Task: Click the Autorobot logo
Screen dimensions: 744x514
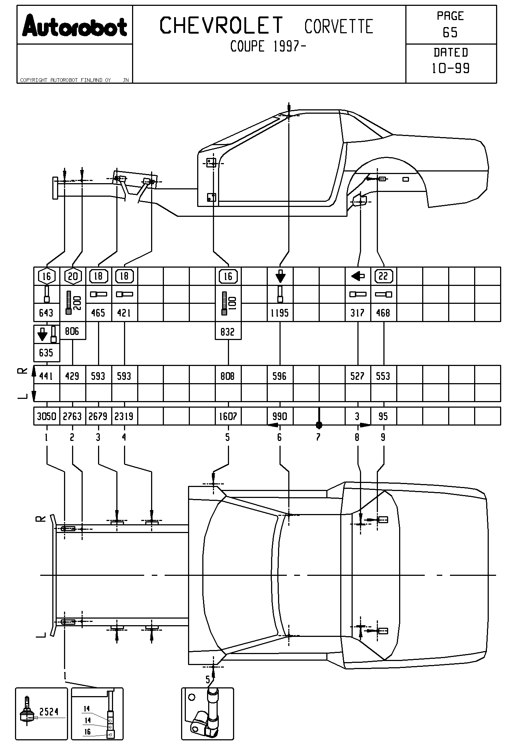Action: coord(75,26)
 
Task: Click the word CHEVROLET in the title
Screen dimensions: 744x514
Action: coord(222,26)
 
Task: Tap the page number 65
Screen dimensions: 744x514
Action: coord(450,33)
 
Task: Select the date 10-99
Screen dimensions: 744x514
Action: coord(451,68)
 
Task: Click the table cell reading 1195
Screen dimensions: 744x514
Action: coord(280,313)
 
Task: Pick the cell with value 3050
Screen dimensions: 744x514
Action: coord(46,416)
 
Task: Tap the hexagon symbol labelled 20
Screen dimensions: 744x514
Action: coord(73,276)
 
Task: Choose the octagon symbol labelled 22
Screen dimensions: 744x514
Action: coord(383,276)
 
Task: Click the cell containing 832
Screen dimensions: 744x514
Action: coord(228,332)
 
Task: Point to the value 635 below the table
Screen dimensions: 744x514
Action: coord(46,353)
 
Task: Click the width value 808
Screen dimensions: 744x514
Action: coord(228,376)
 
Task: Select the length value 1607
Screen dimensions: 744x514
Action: coord(228,416)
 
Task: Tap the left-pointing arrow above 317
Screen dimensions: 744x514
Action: coord(357,276)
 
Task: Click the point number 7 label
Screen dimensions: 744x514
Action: coord(318,437)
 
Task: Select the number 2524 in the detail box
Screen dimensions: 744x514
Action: coord(49,711)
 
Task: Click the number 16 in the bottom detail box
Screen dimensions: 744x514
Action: coord(87,732)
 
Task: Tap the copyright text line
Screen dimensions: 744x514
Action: coord(66,80)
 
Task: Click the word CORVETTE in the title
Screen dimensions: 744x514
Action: coord(338,27)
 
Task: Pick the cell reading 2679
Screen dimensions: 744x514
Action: coord(98,416)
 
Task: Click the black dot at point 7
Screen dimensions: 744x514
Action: coord(319,425)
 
